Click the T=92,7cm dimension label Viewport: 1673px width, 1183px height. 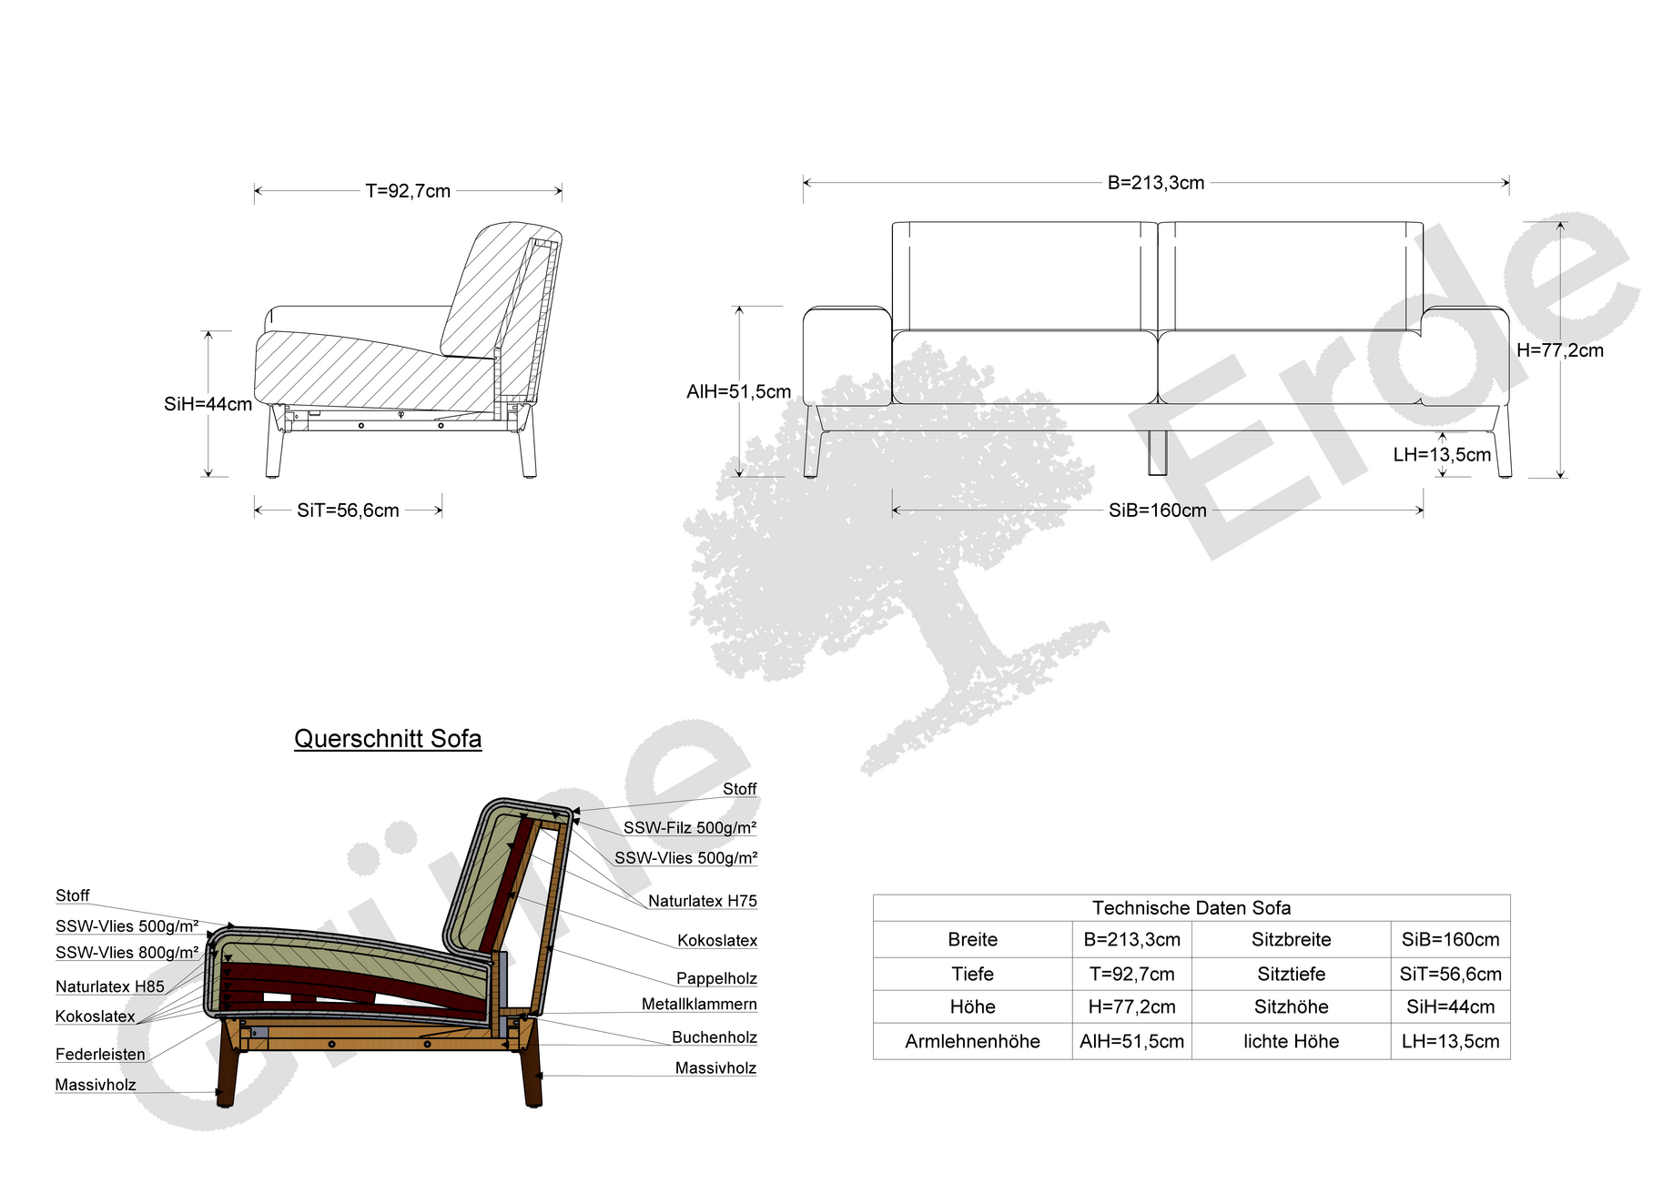tap(408, 191)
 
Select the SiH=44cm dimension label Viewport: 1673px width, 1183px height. tap(208, 404)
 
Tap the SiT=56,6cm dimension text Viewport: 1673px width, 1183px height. tap(348, 511)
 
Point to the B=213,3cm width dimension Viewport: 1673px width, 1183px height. tap(1156, 183)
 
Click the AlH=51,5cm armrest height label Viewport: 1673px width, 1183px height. tap(738, 392)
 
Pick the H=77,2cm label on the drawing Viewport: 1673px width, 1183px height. tap(1560, 350)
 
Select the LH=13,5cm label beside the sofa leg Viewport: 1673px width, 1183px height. tap(1442, 455)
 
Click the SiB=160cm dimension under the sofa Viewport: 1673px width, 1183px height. tap(1157, 511)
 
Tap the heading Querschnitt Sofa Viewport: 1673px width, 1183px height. tap(388, 739)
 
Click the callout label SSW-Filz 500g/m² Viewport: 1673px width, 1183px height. tap(690, 828)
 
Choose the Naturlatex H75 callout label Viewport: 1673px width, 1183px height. tap(703, 901)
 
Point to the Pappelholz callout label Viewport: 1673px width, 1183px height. tap(716, 978)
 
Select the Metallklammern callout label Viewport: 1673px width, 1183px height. tap(699, 1004)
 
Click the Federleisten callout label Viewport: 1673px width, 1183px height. tap(100, 1055)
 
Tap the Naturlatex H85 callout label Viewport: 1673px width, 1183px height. tap(110, 986)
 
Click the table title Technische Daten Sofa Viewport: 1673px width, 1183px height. tap(1191, 908)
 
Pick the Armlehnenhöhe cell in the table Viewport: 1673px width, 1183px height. tap(972, 1042)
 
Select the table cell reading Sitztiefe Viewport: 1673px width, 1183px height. tap(1291, 975)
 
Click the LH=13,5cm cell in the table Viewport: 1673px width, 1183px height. tap(1450, 1042)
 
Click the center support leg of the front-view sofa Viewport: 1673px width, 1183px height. tap(1157, 452)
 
